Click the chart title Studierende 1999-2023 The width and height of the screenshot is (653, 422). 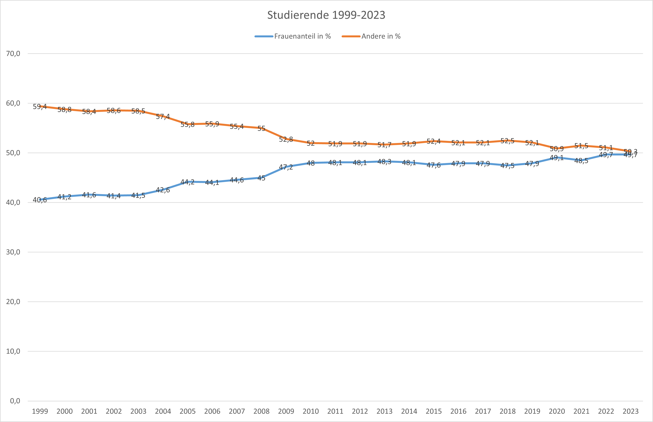(326, 15)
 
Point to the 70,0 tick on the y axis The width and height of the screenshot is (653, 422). (13, 54)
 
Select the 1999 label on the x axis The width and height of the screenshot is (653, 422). (40, 411)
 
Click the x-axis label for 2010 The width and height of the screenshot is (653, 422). (311, 411)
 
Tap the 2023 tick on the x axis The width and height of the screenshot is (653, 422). (631, 411)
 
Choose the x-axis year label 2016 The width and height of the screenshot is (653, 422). (458, 411)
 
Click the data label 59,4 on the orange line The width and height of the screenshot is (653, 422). (40, 107)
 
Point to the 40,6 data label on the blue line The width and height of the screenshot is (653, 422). (40, 200)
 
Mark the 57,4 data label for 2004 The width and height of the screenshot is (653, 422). (163, 117)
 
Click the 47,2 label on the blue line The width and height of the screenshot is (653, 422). (286, 167)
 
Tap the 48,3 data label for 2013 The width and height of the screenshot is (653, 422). (384, 162)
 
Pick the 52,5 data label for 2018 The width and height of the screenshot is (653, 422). (507, 141)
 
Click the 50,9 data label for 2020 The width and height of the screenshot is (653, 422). (557, 149)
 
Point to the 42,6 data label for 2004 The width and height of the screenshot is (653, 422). (163, 190)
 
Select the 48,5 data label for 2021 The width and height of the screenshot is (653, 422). (581, 161)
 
